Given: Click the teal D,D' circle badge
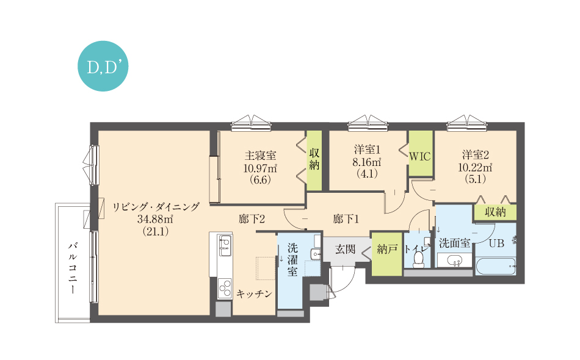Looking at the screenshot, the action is (103, 66).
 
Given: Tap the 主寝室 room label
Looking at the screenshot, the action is (261, 156).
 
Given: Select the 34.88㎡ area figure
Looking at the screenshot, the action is (155, 219).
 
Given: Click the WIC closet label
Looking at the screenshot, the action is (420, 156).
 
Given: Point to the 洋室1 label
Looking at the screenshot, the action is (367, 149).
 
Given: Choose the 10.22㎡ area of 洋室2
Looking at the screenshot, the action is (475, 167).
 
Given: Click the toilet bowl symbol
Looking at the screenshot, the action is (419, 258).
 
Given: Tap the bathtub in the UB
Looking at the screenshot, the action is (496, 266).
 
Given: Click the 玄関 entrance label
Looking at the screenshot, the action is (345, 250).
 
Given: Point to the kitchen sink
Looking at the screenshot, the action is (225, 245).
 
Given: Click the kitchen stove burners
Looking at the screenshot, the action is (225, 288).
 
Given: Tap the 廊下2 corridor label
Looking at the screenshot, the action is (252, 219).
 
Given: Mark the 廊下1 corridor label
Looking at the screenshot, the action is (346, 219).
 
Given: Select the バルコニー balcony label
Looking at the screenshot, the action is (73, 268).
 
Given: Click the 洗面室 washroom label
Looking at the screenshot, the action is (455, 243).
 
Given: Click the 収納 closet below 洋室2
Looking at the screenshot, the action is (495, 212).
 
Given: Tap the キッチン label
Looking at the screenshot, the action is (254, 294).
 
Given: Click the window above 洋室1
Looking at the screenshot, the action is (368, 123).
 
